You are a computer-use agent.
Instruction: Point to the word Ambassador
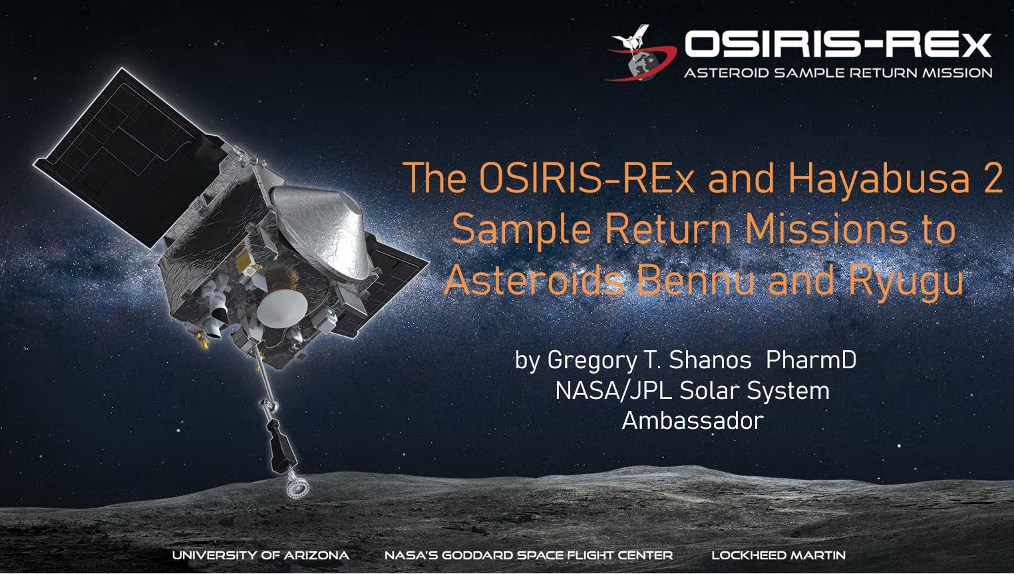tap(693, 420)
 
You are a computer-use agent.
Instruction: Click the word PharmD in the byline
tap(811, 360)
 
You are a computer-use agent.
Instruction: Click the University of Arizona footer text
tap(260, 555)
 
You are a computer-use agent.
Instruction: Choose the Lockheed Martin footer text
tap(778, 555)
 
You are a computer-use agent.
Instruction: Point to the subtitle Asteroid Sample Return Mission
tap(838, 73)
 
